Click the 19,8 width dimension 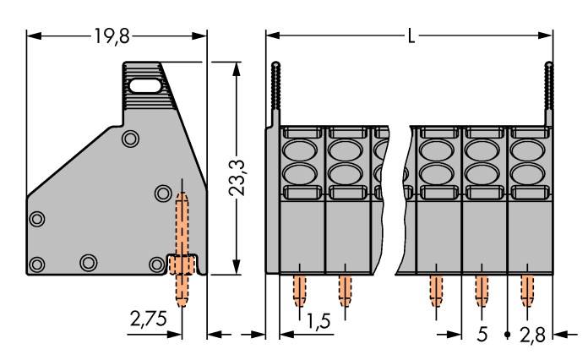tap(112, 36)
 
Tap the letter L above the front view tap(411, 37)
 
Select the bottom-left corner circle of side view tap(36, 265)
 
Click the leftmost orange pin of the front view tap(298, 289)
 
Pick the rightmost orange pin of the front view tap(526, 289)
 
